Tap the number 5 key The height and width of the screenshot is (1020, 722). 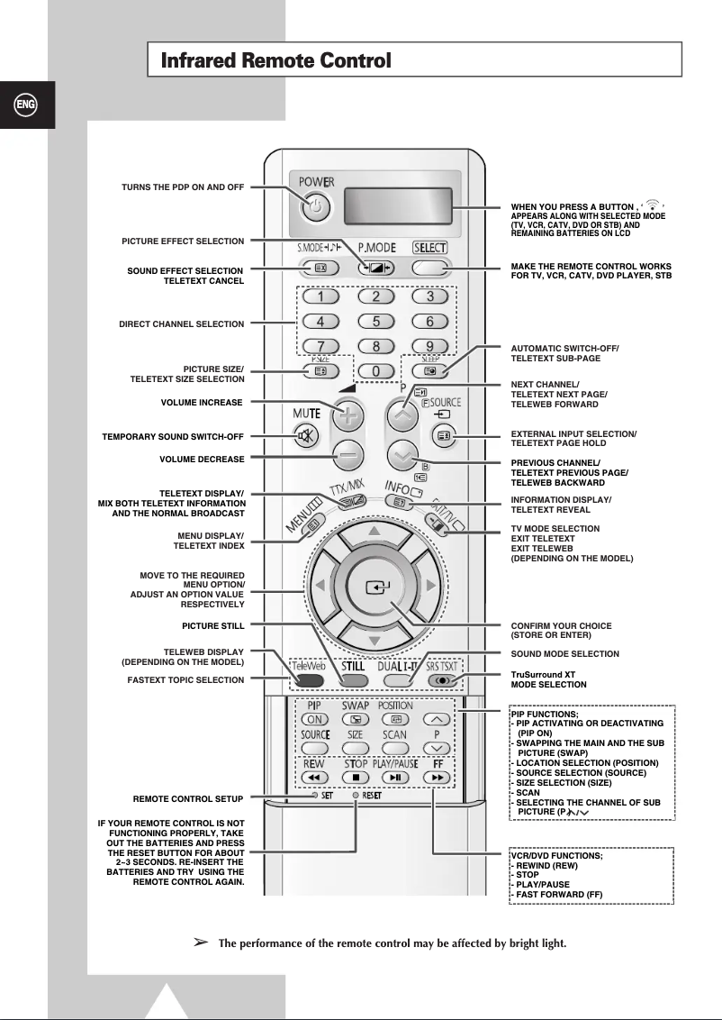376,321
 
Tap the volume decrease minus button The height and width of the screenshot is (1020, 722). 347,456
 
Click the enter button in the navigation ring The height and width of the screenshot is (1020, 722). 374,587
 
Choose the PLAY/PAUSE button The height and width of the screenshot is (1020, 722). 394,777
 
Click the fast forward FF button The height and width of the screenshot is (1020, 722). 438,777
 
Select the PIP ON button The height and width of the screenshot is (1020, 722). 315,720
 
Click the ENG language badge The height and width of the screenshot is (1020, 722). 25,105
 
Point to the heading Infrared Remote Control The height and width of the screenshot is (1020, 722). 275,61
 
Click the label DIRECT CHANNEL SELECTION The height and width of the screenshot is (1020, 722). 181,323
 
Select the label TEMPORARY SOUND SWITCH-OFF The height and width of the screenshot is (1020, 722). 173,437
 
